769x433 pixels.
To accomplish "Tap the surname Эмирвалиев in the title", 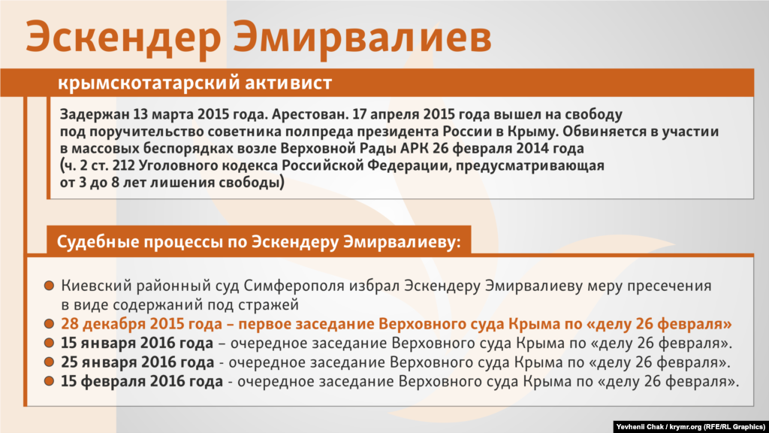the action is click(362, 36).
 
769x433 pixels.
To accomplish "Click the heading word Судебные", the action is click(90, 242).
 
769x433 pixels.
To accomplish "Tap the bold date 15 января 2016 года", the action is click(137, 343).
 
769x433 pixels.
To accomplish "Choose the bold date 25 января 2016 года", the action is click(137, 362).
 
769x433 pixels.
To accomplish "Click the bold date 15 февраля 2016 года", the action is click(142, 381).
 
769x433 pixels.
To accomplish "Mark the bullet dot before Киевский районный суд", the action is click(49, 286).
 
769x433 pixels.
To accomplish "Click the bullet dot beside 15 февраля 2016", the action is click(49, 381).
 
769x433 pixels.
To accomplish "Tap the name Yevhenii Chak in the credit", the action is click(639, 427).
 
